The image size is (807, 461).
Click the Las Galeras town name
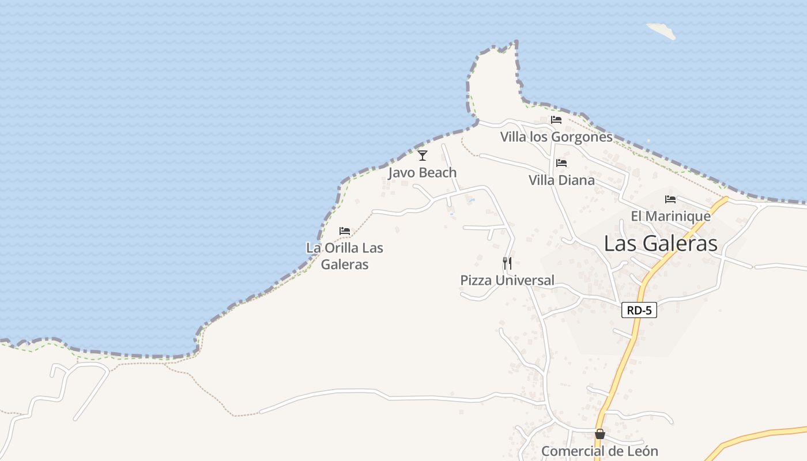coord(661,244)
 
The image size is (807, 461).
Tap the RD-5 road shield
coord(640,311)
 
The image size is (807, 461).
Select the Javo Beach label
coord(423,172)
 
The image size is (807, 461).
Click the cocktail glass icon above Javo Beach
coord(423,156)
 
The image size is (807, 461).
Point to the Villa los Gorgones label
coord(556,137)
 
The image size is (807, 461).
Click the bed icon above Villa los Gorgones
coord(556,120)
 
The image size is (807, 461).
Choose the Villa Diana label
coord(561,180)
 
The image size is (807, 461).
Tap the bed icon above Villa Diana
coord(561,163)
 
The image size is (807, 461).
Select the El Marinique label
coord(670,216)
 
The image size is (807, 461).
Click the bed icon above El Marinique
coord(670,199)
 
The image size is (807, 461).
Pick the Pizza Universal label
coord(507,281)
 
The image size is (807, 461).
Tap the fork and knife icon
coord(507,263)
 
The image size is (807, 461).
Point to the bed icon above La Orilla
coord(345,231)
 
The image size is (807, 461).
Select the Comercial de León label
coord(599,451)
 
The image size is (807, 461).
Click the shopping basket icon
coord(600,434)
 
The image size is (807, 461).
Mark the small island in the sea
coord(661,31)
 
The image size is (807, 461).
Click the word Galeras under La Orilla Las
coord(345,264)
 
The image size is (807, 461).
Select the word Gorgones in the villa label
coord(582,137)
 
